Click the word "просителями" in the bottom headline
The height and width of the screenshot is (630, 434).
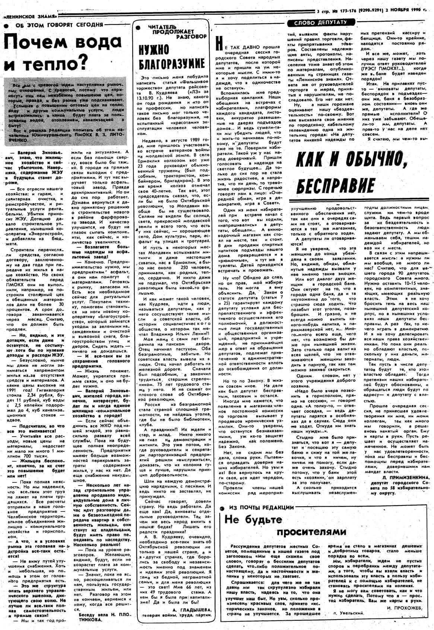pos(312,531)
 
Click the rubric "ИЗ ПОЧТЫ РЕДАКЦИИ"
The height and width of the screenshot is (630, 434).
pos(261,507)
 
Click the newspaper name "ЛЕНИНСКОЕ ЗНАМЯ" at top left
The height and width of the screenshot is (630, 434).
pos(31,17)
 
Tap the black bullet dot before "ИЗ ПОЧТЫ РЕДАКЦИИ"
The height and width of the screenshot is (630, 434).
pos(222,508)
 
